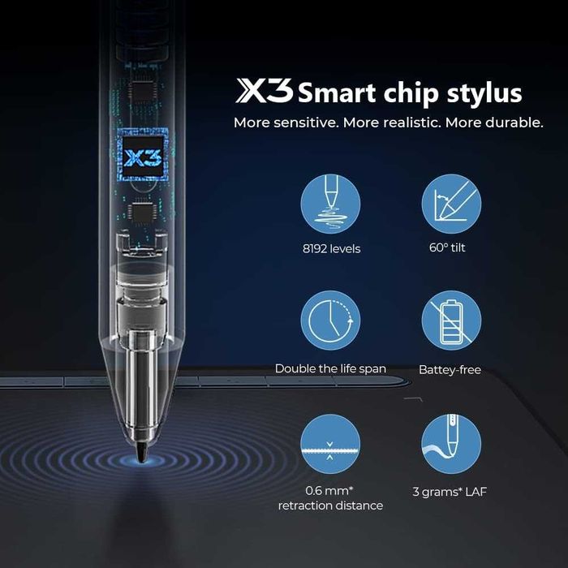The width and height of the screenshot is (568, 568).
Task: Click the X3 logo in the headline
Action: click(x=264, y=92)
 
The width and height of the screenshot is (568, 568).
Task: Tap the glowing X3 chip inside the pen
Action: click(x=142, y=157)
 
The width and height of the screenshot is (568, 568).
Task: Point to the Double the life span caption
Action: click(x=330, y=368)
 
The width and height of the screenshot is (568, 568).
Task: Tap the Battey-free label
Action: click(x=450, y=369)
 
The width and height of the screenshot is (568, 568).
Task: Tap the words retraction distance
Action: click(x=330, y=506)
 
